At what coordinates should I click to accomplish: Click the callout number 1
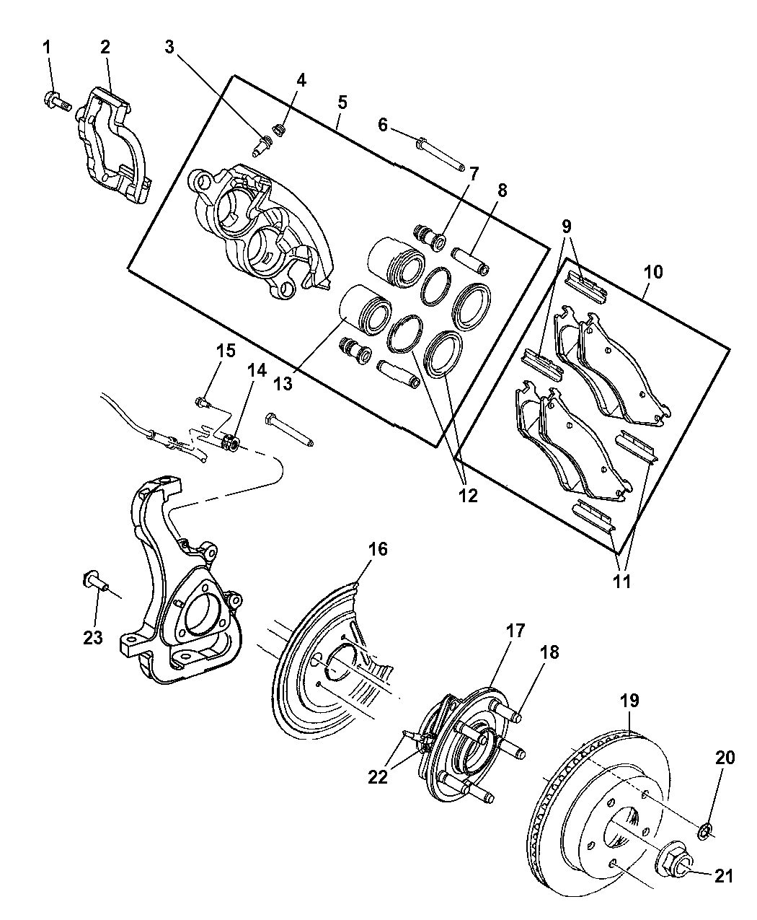[48, 48]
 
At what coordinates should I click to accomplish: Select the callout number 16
[378, 549]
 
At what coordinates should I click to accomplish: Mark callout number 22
[378, 777]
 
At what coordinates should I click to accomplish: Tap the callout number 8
[502, 190]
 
